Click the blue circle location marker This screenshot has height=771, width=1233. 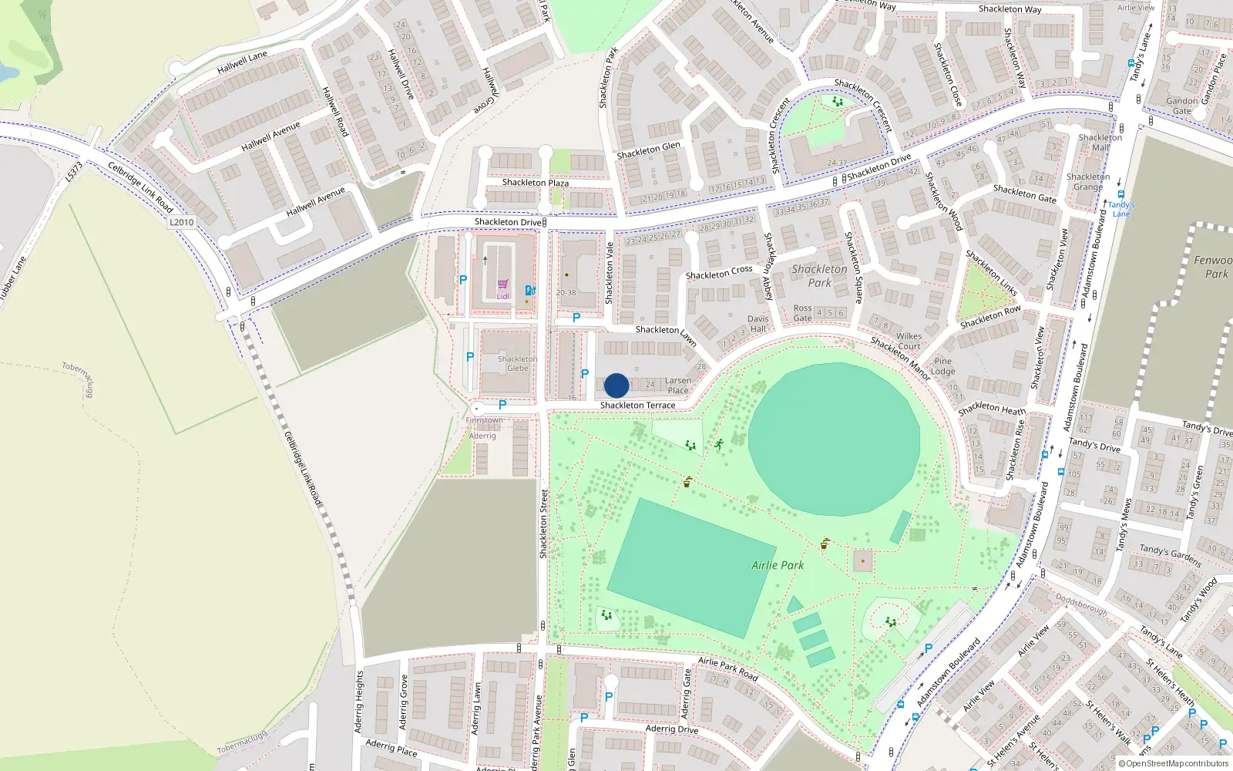[616, 385]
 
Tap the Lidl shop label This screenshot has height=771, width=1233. [502, 296]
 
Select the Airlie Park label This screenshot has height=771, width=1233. [778, 565]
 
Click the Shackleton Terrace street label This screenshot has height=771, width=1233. [637, 406]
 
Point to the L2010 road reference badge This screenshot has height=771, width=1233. [182, 222]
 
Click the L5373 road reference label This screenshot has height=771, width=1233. [73, 171]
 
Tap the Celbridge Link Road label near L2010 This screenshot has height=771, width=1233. [140, 187]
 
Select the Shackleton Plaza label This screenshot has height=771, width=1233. [536, 183]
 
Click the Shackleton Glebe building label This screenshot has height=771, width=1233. [517, 363]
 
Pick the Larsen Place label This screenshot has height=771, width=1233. [678, 385]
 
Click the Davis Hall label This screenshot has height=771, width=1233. [758, 324]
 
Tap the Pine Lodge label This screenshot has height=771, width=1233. [942, 366]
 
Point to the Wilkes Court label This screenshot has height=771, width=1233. [909, 341]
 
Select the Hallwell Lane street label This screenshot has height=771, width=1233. [242, 62]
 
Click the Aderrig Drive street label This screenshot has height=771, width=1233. [672, 729]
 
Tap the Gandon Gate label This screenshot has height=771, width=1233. [1181, 106]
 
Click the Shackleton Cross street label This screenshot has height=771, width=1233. [719, 273]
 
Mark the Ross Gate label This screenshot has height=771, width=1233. [803, 313]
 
